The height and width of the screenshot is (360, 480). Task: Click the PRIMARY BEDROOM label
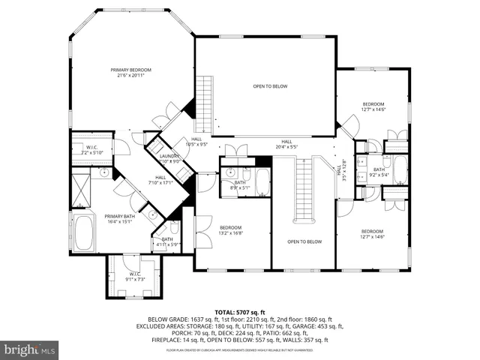pos(130,72)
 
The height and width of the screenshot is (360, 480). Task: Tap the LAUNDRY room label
pos(169,158)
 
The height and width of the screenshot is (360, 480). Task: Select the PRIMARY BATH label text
pos(119,218)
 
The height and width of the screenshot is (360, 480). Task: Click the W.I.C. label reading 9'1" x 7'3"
pos(135,276)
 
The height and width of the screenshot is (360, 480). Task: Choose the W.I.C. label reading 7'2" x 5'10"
pos(91,150)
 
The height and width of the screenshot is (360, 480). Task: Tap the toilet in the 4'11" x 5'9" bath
pos(175,228)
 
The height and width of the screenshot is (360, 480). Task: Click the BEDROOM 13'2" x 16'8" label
pos(230,230)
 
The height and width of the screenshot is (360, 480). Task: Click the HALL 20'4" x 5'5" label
pos(286,144)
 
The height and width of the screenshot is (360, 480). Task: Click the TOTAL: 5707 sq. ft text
pos(240,311)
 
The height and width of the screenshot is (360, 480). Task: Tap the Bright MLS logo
pos(30,349)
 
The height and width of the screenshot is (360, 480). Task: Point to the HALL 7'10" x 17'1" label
pos(160,180)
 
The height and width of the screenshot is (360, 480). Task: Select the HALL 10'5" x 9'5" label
pos(196,141)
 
